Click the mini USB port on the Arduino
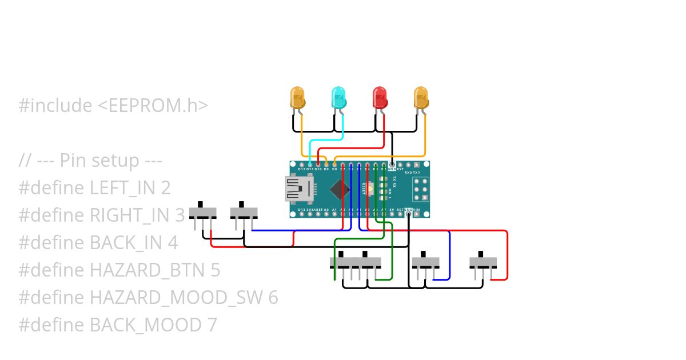[297, 189]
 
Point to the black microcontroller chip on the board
[340, 189]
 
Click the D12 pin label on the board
[301, 169]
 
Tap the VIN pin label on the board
[416, 210]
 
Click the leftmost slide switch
[203, 213]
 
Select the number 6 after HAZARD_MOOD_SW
[273, 298]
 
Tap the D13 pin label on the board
[301, 210]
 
